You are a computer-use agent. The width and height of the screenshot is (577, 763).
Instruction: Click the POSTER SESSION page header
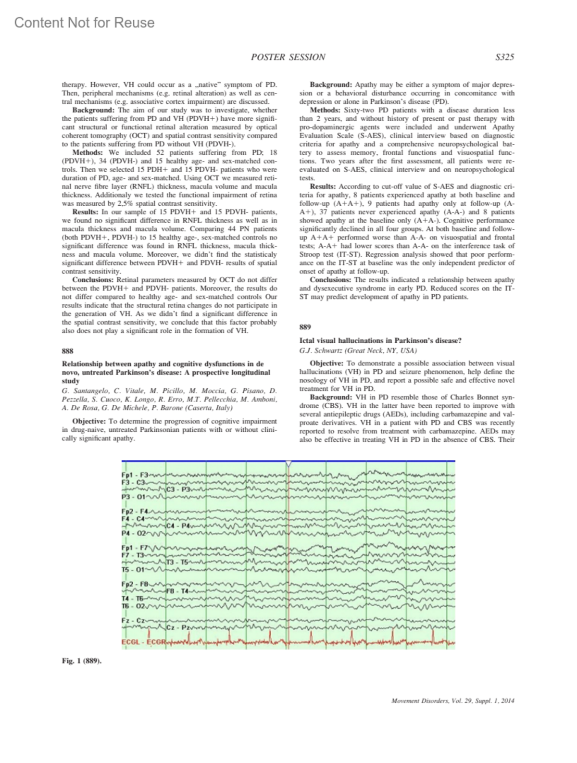(x=288, y=57)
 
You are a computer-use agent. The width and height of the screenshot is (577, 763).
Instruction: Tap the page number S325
(x=504, y=57)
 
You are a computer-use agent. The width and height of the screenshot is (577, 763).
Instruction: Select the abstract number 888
(x=67, y=351)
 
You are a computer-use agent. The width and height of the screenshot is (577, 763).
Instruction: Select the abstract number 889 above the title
(x=305, y=327)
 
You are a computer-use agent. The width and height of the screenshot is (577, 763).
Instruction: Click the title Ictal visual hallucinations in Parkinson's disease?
(x=380, y=340)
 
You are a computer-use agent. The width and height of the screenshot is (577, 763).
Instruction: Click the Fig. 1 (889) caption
(x=81, y=661)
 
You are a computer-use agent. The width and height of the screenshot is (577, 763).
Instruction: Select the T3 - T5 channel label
(x=177, y=562)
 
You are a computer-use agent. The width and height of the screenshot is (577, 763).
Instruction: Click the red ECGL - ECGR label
(x=143, y=642)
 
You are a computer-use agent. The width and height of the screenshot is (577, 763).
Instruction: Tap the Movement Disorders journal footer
(x=452, y=700)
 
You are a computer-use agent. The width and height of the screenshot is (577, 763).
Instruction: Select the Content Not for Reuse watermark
(x=85, y=23)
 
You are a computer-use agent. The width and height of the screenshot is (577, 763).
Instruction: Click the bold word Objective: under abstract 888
(x=89, y=421)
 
